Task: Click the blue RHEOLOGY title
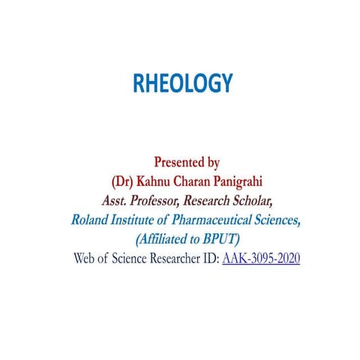click(183, 83)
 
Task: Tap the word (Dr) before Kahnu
click(122, 181)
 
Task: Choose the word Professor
click(159, 200)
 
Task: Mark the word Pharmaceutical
click(209, 220)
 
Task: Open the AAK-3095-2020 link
click(261, 259)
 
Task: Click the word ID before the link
click(210, 259)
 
